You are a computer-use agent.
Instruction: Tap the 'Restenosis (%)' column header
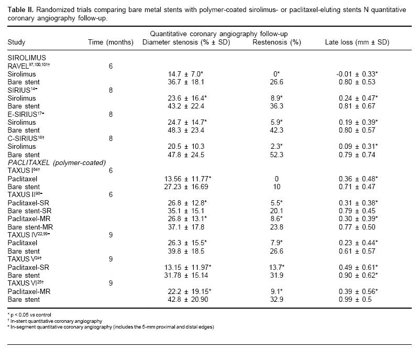pyautogui.click(x=273, y=42)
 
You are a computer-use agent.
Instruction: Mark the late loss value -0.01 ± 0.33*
pyautogui.click(x=358, y=74)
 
